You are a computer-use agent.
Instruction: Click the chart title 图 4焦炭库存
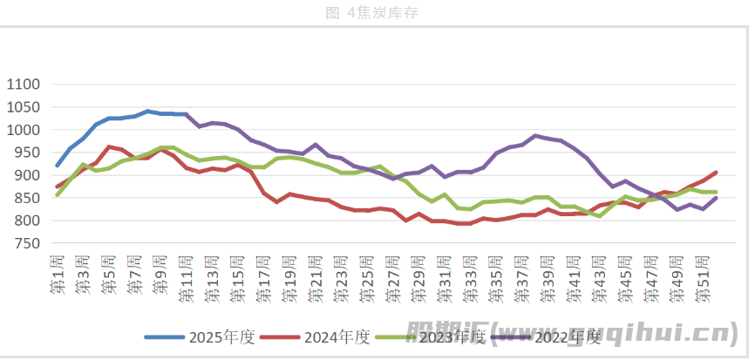pyautogui.click(x=377, y=12)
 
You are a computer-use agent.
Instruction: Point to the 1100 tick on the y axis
pyautogui.click(x=24, y=85)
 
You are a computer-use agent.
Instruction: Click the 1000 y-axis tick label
pyautogui.click(x=24, y=130)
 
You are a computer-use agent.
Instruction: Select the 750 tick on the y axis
pyautogui.click(x=27, y=243)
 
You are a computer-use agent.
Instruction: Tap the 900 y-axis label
pyautogui.click(x=27, y=175)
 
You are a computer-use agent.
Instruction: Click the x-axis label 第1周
pyautogui.click(x=58, y=275)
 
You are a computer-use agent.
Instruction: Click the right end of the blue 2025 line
pyautogui.click(x=187, y=114)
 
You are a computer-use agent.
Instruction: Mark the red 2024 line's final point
pyautogui.click(x=716, y=173)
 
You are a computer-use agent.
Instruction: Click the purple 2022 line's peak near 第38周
pyautogui.click(x=536, y=136)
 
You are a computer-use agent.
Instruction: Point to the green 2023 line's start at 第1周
pyautogui.click(x=58, y=194)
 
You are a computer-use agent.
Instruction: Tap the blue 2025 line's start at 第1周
pyautogui.click(x=58, y=166)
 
